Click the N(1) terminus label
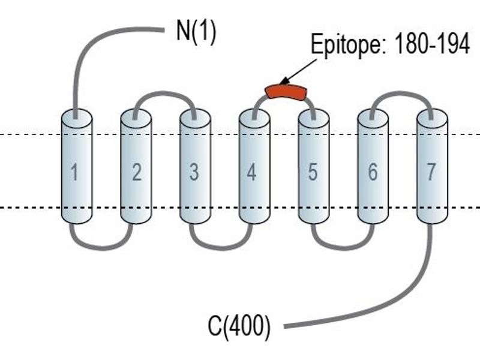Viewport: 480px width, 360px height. click(196, 32)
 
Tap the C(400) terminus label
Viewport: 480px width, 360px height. click(239, 326)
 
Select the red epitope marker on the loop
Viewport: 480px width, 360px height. click(286, 92)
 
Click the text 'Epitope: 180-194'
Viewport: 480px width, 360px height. click(390, 44)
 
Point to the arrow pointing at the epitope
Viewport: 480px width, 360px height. click(298, 71)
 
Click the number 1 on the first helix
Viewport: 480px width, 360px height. click(74, 172)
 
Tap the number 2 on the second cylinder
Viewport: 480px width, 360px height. click(137, 172)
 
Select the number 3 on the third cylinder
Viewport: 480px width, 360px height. click(194, 172)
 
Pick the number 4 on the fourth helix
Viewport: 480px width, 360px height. click(251, 172)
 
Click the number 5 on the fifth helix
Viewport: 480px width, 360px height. click(312, 172)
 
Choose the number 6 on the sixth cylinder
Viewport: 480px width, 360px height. click(372, 172)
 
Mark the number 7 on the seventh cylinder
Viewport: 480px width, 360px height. click(431, 172)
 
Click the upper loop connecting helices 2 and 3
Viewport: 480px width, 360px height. click(164, 94)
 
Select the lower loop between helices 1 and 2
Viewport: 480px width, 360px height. click(102, 247)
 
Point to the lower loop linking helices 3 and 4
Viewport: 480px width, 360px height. click(221, 247)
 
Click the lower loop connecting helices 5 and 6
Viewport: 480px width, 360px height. click(343, 247)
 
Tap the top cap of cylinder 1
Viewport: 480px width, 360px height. click(77, 118)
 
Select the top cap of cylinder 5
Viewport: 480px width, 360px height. click(314, 118)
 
